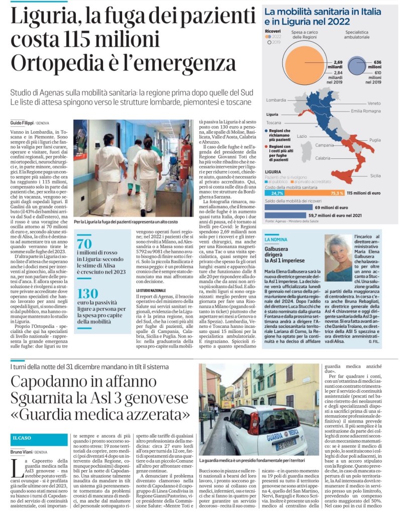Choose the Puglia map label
(x=375, y=140)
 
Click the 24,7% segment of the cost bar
(x=277, y=193)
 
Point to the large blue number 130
(x=87, y=295)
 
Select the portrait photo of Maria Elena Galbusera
(x=338, y=258)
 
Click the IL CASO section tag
(x=23, y=438)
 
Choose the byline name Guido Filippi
(x=22, y=123)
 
